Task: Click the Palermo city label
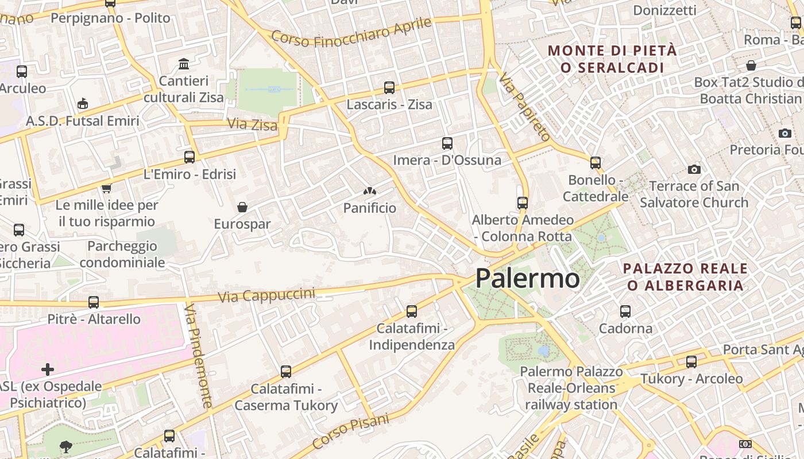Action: (x=527, y=278)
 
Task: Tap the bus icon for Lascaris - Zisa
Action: (x=389, y=88)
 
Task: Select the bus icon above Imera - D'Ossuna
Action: (x=447, y=143)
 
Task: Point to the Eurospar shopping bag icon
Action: (x=242, y=207)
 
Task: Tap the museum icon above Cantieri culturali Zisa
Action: (x=184, y=64)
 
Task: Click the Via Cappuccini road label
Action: (x=267, y=295)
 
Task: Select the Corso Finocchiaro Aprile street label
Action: (x=351, y=32)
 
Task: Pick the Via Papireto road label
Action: (x=525, y=107)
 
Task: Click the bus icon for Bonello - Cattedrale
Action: (x=596, y=163)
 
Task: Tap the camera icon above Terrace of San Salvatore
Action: (x=694, y=169)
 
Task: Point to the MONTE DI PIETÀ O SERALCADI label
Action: (x=612, y=59)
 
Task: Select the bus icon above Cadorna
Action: (x=625, y=312)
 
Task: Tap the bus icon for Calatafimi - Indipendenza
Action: (x=412, y=312)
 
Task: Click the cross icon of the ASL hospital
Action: (x=48, y=369)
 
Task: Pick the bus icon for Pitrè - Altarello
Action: (x=94, y=302)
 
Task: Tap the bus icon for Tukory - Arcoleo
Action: (x=691, y=362)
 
